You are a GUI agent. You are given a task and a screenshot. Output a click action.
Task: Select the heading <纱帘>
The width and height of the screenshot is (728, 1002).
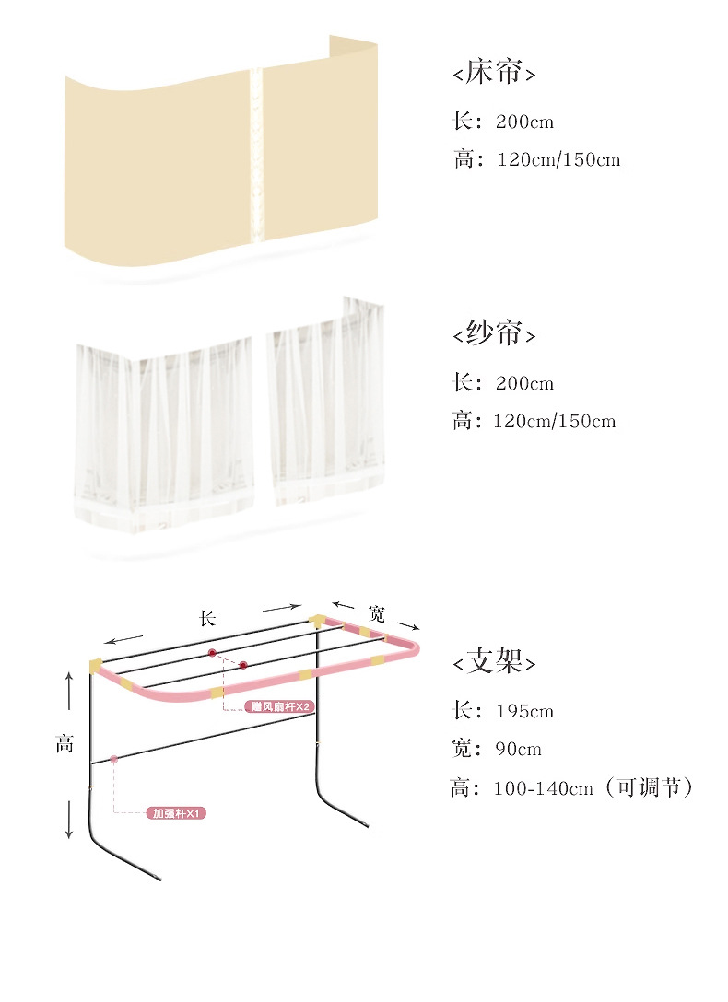494,334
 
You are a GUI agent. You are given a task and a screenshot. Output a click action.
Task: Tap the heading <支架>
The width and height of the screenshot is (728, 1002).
494,661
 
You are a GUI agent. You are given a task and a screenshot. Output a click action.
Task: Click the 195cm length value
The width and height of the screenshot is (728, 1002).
524,712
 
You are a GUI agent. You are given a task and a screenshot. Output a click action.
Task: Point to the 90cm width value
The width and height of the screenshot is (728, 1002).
518,749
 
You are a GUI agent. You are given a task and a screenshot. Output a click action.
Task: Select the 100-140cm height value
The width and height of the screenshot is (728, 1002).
543,789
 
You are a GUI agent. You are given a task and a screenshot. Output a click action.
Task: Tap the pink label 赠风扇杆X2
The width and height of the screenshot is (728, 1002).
281,706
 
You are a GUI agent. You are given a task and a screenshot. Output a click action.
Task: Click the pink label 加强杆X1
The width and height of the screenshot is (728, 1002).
178,814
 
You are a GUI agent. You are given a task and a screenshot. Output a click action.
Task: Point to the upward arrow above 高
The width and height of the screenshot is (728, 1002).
68,691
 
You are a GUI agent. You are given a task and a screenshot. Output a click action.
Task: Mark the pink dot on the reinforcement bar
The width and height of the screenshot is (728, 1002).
113,759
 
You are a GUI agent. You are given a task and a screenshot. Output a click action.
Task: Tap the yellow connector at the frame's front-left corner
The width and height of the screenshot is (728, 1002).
95,665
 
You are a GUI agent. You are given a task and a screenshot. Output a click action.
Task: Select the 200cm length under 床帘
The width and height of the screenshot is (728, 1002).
524,122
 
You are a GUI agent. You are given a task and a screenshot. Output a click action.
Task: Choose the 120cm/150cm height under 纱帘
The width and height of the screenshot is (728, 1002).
554,423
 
